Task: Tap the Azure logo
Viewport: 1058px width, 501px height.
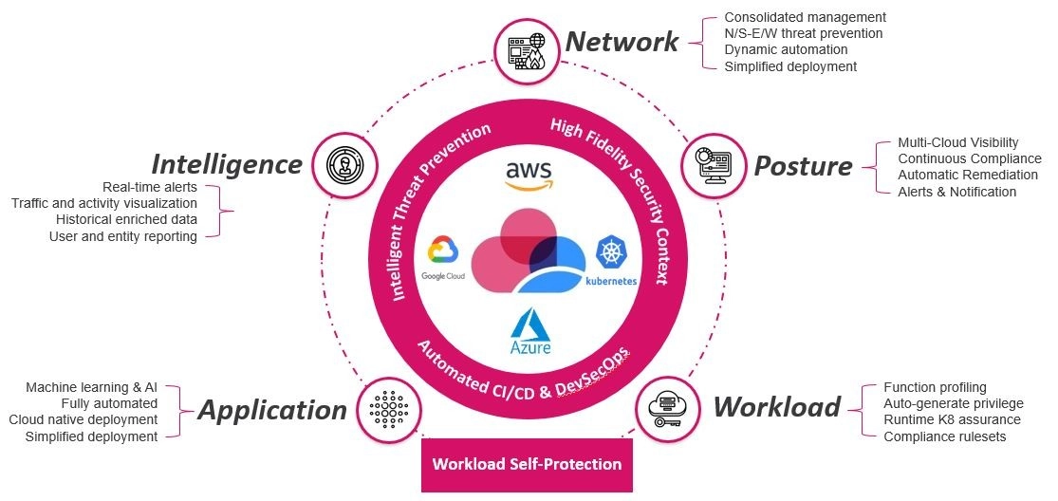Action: [530, 331]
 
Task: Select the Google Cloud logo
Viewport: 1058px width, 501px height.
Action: [442, 257]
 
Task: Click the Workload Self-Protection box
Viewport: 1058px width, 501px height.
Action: [527, 465]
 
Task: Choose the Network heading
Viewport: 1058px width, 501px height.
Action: [622, 41]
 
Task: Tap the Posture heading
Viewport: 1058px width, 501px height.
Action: [803, 166]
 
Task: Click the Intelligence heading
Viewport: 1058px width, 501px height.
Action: [227, 164]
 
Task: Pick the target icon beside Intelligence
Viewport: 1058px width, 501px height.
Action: [344, 165]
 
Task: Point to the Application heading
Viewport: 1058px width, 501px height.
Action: [272, 410]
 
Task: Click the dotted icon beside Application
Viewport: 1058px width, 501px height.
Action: [389, 409]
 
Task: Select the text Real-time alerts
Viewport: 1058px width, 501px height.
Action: [150, 187]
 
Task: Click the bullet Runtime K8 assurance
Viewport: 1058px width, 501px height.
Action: [952, 419]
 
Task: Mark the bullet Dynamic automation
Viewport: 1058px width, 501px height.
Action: [786, 49]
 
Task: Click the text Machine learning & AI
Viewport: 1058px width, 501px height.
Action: [91, 388]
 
